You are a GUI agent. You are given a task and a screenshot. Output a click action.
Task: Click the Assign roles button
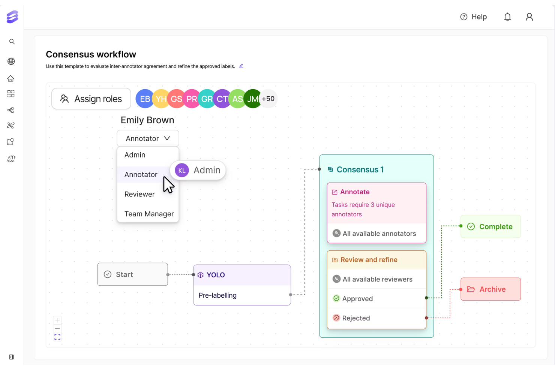pyautogui.click(x=91, y=99)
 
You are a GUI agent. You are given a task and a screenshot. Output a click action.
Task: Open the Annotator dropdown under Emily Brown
pyautogui.click(x=148, y=139)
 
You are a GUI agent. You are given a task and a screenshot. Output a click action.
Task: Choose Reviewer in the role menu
pyautogui.click(x=139, y=194)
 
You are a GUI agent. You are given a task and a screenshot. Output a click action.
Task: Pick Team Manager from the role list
pyautogui.click(x=149, y=214)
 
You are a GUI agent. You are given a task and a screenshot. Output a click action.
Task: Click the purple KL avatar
pyautogui.click(x=182, y=171)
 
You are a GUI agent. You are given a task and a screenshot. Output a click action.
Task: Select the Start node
pyautogui.click(x=132, y=274)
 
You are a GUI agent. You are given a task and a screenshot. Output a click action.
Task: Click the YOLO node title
pyautogui.click(x=216, y=275)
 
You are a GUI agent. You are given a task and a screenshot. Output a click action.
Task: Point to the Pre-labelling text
pyautogui.click(x=217, y=295)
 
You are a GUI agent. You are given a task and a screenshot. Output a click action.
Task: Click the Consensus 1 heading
pyautogui.click(x=360, y=170)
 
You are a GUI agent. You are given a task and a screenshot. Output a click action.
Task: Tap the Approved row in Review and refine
pyautogui.click(x=357, y=299)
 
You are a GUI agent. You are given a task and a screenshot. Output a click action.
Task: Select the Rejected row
pyautogui.click(x=356, y=318)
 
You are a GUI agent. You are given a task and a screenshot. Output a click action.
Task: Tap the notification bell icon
pyautogui.click(x=507, y=17)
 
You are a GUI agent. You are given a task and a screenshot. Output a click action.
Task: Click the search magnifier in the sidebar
pyautogui.click(x=12, y=42)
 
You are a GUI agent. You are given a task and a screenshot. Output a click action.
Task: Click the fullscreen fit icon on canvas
pyautogui.click(x=57, y=337)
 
